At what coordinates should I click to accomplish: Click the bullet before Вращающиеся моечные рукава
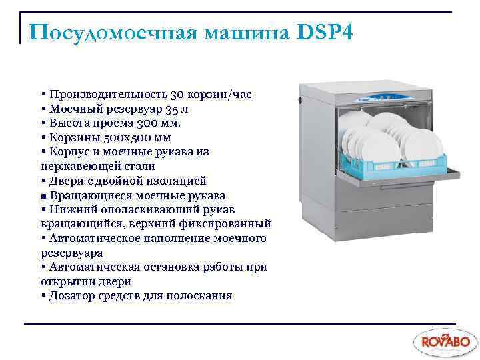(x=43, y=195)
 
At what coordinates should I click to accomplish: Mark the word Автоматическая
(x=92, y=267)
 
